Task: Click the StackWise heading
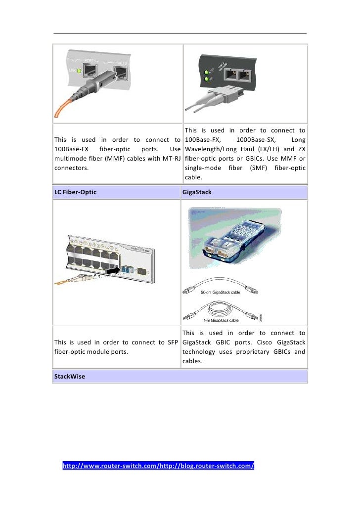click(69, 377)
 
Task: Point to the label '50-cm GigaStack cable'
click(221, 293)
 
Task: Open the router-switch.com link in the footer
click(158, 466)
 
